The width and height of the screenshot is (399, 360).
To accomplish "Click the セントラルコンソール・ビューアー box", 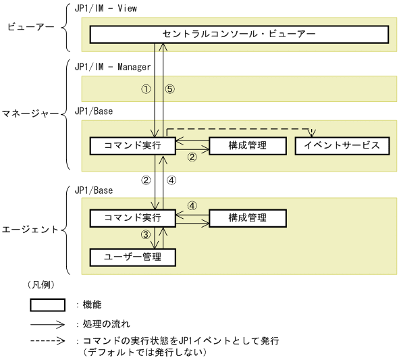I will [x=239, y=34].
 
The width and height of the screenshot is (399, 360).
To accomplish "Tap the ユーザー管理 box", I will [x=133, y=257].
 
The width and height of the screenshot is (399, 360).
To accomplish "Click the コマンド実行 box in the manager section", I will [x=133, y=145].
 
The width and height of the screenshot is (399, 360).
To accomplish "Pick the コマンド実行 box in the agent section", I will [x=133, y=217].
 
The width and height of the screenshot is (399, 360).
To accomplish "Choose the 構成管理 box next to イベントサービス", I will [x=247, y=145].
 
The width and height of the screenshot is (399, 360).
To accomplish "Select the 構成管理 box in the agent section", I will [x=247, y=217].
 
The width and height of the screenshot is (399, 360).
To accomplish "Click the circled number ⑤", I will [x=170, y=89].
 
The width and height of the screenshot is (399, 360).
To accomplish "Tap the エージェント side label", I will [x=30, y=230].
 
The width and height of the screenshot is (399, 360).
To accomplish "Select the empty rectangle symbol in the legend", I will [x=47, y=305].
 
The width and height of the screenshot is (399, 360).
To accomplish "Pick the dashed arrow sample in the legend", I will [x=47, y=340].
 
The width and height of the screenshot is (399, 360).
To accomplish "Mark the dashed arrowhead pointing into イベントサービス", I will [x=313, y=133].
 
